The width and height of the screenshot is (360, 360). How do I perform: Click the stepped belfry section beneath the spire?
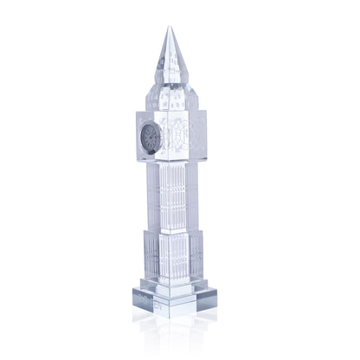(171, 100)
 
